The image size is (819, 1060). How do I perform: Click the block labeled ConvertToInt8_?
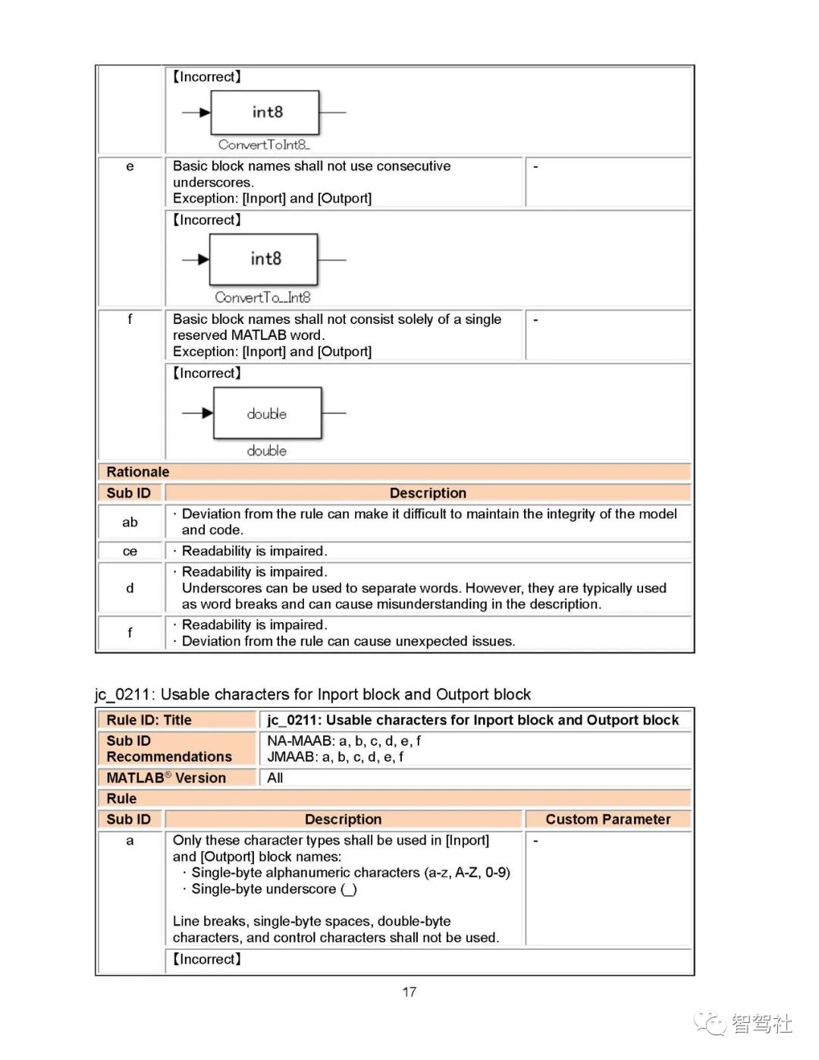pyautogui.click(x=265, y=112)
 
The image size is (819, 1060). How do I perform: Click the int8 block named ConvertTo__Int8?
pyautogui.click(x=263, y=259)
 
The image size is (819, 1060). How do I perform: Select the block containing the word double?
pyautogui.click(x=267, y=414)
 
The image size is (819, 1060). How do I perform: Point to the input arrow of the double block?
pyautogui.click(x=198, y=414)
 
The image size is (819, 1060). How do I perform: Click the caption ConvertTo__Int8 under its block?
pyautogui.click(x=262, y=297)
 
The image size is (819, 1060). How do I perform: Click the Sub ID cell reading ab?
pyautogui.click(x=130, y=522)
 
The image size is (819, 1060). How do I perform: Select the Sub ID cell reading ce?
pyautogui.click(x=130, y=552)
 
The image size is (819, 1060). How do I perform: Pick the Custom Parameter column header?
pyautogui.click(x=607, y=819)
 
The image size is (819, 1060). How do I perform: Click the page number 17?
pyautogui.click(x=409, y=992)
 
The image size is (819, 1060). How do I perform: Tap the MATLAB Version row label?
pyautogui.click(x=166, y=778)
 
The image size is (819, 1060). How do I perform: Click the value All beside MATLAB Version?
pyautogui.click(x=275, y=778)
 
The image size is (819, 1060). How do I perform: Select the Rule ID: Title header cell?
pyautogui.click(x=149, y=720)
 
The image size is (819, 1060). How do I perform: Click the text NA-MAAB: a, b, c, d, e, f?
pyautogui.click(x=344, y=741)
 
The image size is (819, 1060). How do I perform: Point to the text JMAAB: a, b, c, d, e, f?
pyautogui.click(x=335, y=756)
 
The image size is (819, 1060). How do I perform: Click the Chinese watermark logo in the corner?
pyautogui.click(x=742, y=1024)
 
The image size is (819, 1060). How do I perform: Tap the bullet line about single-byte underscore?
pyautogui.click(x=274, y=889)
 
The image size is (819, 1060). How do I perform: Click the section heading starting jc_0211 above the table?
pyautogui.click(x=312, y=694)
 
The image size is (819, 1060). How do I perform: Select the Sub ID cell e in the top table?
pyautogui.click(x=130, y=166)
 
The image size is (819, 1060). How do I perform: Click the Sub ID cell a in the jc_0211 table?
pyautogui.click(x=130, y=841)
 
